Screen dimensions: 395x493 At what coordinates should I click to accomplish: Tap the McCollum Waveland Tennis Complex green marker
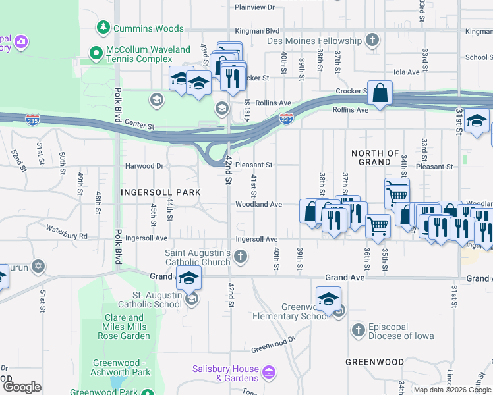click(96, 51)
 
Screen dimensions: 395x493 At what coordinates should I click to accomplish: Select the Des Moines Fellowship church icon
click(372, 41)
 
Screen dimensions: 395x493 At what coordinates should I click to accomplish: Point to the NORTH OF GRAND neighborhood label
click(376, 157)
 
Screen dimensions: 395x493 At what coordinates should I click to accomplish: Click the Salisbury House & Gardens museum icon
click(268, 373)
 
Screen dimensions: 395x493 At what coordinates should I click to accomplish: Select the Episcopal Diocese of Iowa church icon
click(358, 330)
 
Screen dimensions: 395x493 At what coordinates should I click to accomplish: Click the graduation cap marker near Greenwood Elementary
click(328, 300)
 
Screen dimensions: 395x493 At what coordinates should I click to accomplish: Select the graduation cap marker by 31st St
click(477, 122)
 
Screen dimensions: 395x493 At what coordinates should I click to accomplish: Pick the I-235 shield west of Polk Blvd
click(32, 120)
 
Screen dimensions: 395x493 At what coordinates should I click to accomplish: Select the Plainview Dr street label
click(254, 7)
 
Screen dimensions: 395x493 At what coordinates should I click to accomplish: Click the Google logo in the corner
click(22, 387)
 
